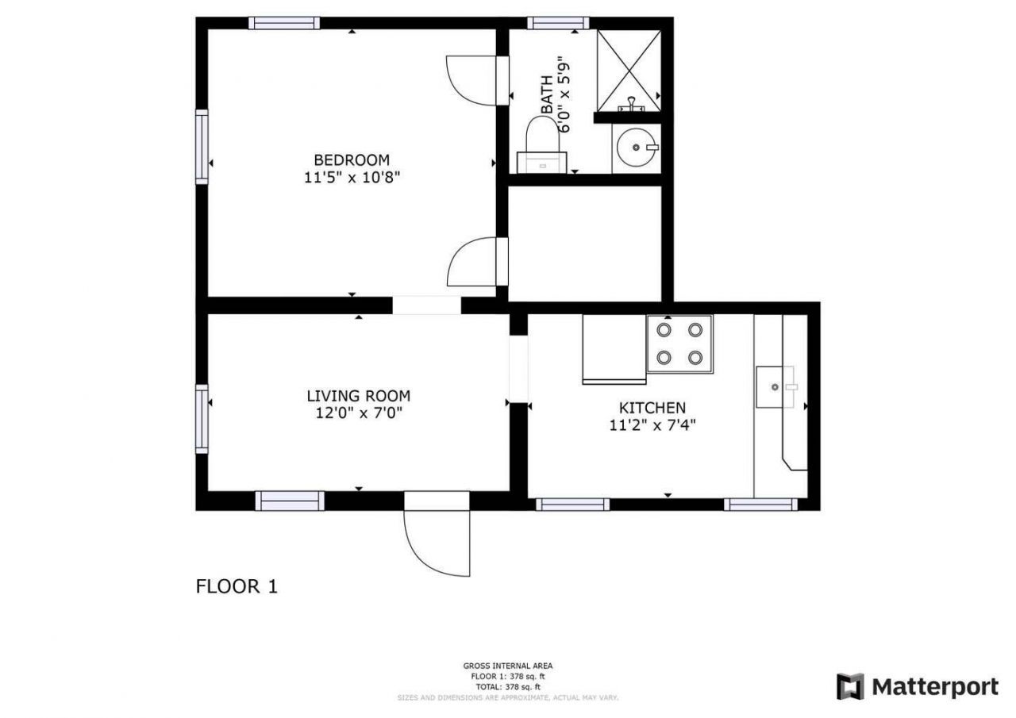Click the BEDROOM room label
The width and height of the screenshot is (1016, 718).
351,159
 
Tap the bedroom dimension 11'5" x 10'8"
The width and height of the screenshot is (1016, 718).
351,178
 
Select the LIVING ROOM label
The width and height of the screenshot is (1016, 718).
359,395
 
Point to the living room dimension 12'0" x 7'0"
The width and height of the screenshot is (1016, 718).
359,413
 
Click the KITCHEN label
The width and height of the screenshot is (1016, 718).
647,408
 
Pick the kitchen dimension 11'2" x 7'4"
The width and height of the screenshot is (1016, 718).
647,425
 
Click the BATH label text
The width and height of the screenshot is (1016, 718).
547,95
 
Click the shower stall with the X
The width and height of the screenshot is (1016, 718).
629,70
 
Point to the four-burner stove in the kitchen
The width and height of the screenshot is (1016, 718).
679,344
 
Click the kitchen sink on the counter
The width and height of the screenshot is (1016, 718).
774,387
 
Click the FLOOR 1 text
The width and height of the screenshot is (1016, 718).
237,586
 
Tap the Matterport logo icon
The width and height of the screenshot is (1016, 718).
850,686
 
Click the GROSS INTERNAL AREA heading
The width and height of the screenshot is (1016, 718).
508,666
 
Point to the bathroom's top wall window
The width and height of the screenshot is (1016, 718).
557,23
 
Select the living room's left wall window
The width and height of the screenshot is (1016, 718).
202,418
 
